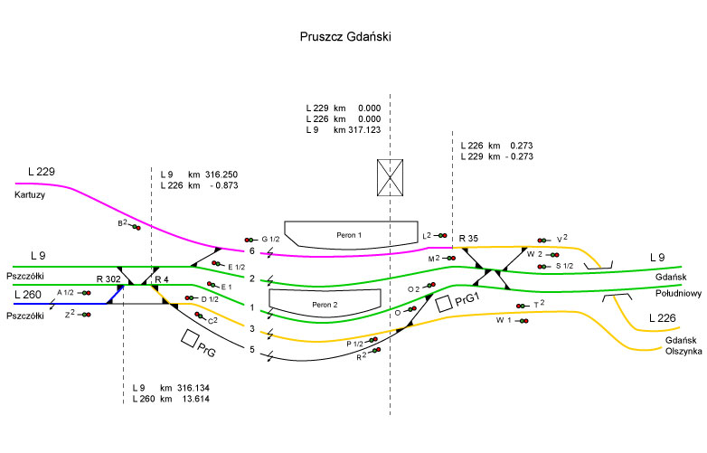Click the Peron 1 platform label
point(348,235)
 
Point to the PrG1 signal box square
point(443,304)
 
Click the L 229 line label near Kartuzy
point(42,172)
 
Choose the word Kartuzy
point(30,194)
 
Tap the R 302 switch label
point(108,279)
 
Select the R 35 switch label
point(468,239)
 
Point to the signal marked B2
point(136,227)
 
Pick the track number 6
point(252,251)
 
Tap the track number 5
point(252,349)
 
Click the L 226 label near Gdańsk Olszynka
point(665,318)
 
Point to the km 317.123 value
point(356,130)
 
